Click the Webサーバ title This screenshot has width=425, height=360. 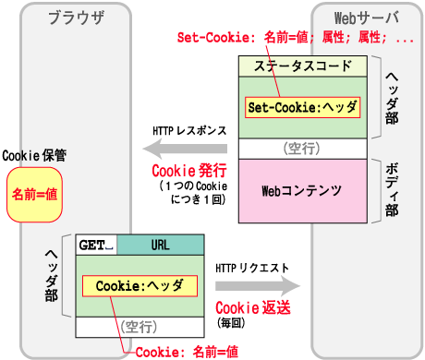[x=368, y=16]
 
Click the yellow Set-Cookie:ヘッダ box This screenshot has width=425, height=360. [x=303, y=106]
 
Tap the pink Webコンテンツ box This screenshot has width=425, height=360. [x=303, y=191]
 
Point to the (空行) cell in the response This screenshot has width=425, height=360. [x=303, y=149]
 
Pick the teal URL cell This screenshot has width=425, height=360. [x=159, y=245]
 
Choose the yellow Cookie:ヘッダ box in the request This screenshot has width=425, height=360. [x=139, y=286]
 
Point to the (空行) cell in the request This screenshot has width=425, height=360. [x=139, y=326]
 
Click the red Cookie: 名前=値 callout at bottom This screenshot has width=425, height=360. [x=187, y=351]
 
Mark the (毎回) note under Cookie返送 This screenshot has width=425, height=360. [x=229, y=323]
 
